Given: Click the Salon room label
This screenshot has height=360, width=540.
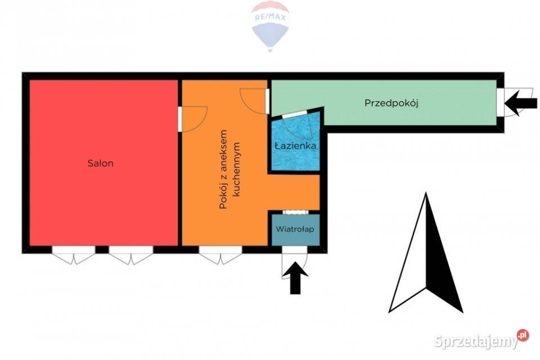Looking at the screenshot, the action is [100, 163].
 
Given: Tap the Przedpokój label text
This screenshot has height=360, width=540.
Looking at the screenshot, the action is [391, 103].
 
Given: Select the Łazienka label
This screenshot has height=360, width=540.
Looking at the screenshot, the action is [295, 145].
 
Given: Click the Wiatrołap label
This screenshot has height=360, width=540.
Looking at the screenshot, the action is [295, 229].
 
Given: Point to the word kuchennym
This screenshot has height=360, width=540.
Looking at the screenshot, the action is [237, 169].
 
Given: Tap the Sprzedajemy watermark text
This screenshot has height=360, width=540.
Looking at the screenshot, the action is [476, 341].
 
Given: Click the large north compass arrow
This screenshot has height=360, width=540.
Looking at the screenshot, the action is [426, 253].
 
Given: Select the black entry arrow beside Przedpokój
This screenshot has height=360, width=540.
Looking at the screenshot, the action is [521, 103].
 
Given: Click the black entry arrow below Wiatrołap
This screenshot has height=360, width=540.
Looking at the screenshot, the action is [295, 278].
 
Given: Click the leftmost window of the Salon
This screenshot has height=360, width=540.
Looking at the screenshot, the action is [74, 255].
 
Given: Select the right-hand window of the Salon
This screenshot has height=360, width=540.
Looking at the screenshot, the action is [131, 255].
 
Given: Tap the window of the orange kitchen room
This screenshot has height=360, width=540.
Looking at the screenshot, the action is [220, 255].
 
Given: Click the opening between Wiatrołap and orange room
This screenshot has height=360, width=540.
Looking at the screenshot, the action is [295, 212].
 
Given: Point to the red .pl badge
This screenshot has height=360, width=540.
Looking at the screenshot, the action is [523, 335].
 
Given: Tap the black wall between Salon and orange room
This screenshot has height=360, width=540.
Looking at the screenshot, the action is [180, 163].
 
